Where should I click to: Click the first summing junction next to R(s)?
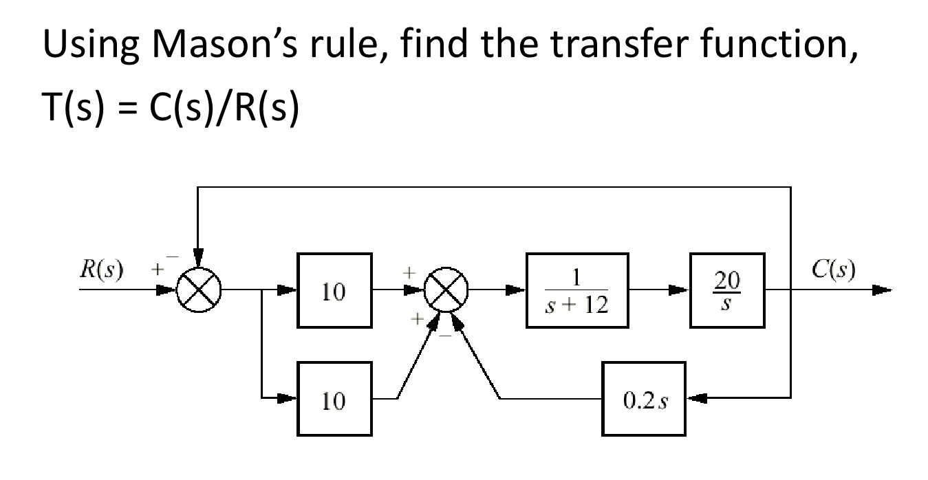click(197, 290)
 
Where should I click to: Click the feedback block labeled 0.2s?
click(644, 398)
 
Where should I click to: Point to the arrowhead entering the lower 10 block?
click(290, 398)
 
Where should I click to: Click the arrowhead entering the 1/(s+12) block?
click(517, 290)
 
